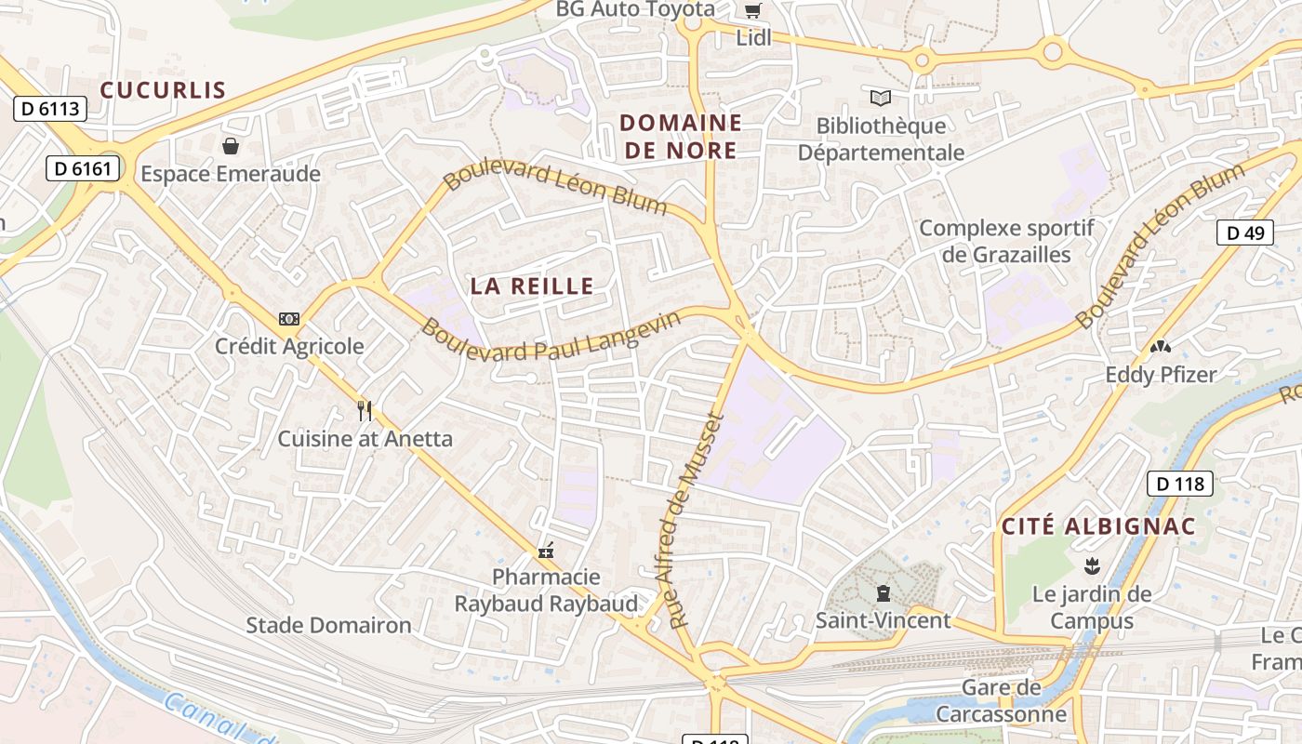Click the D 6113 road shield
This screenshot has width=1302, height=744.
50,109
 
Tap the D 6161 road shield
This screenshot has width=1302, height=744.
84,168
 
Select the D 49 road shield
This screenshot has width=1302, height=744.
1245,232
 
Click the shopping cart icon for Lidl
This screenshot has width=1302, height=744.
752,11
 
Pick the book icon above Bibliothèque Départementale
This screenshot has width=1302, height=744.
881,98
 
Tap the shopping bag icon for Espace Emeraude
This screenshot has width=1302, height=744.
230,146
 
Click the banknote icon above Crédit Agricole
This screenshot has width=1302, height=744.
289,319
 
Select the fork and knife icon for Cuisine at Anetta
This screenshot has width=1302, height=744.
365,410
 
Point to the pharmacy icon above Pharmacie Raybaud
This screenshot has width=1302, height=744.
546,550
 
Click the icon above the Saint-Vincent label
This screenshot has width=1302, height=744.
883,592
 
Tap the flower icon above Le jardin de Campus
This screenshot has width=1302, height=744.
1092,565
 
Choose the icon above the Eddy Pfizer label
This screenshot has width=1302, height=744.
1160,347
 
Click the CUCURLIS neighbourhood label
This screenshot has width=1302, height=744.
163,90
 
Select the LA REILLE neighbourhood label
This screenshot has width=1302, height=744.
532,286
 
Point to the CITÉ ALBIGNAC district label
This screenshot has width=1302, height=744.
1098,526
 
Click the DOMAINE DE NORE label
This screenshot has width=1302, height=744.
681,137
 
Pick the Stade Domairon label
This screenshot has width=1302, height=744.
328,625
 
